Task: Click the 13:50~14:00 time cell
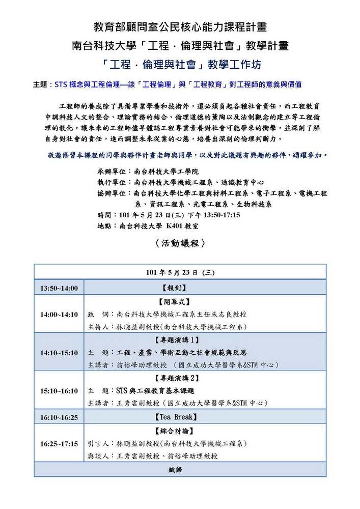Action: (x=59, y=289)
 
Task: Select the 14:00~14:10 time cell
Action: (x=59, y=314)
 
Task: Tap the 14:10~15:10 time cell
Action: (x=59, y=352)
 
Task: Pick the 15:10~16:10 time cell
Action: (x=59, y=391)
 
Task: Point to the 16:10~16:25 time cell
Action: (x=59, y=417)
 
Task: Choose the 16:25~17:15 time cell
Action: (x=59, y=444)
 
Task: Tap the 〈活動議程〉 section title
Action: (x=180, y=243)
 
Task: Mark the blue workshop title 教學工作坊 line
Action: (x=180, y=65)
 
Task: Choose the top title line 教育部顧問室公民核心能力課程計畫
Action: (x=180, y=27)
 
